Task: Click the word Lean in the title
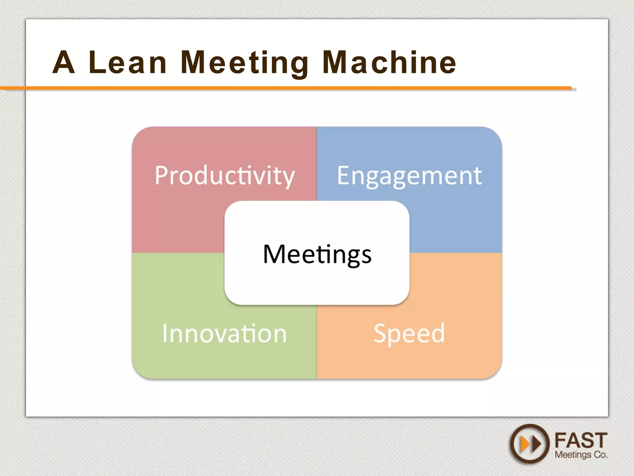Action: (x=128, y=63)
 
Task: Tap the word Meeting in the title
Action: (x=244, y=63)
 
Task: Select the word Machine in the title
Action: (x=389, y=63)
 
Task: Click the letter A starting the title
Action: (x=63, y=63)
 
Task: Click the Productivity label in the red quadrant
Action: (x=225, y=176)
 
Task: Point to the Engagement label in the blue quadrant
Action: (x=409, y=176)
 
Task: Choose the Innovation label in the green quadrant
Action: (x=225, y=333)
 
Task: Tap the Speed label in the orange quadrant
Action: (x=409, y=333)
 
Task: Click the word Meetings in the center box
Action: (x=317, y=254)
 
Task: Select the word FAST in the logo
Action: (x=580, y=440)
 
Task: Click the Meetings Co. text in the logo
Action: (x=581, y=455)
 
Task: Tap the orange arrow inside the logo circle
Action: (x=525, y=444)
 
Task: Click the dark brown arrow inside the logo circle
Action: (x=536, y=444)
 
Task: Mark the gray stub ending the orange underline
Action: (x=574, y=90)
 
